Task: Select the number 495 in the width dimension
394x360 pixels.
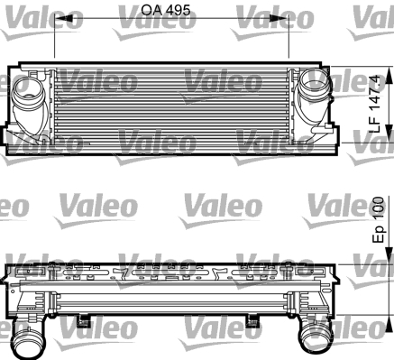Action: point(178,11)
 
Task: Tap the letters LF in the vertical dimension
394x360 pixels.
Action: point(375,125)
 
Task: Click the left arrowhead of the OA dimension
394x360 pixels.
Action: point(64,19)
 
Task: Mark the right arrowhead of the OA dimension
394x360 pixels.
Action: point(279,19)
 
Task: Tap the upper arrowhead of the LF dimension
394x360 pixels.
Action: point(389,76)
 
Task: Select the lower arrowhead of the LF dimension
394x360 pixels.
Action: point(389,134)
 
